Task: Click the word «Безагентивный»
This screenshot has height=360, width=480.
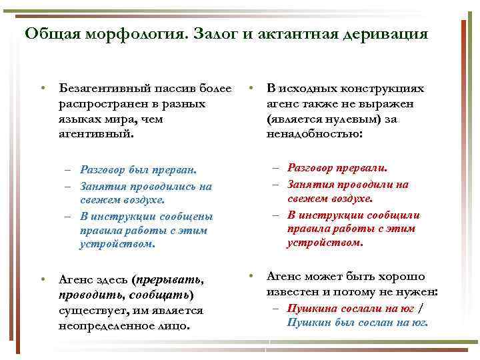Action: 100,89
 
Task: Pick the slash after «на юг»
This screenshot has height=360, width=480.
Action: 420,308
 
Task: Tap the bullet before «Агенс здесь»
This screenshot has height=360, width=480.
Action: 42,280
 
